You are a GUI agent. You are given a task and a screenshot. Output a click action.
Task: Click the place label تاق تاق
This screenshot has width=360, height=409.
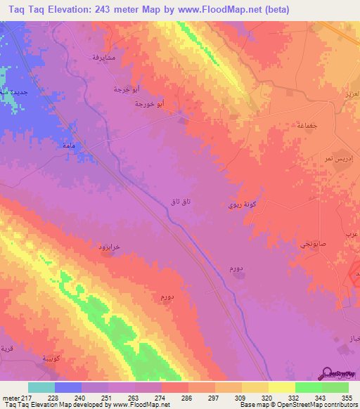coord(180,202)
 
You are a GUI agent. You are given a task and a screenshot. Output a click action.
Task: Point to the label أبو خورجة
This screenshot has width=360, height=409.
coord(150,104)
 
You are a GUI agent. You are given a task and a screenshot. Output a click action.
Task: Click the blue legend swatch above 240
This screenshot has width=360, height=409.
coord(68,387)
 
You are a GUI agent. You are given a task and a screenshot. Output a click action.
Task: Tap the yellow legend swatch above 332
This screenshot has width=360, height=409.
coord(282,387)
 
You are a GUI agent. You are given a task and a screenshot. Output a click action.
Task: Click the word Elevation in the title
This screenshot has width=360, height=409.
coord(72,9)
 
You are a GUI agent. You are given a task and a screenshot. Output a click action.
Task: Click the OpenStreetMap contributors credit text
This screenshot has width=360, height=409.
coord(320,404)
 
